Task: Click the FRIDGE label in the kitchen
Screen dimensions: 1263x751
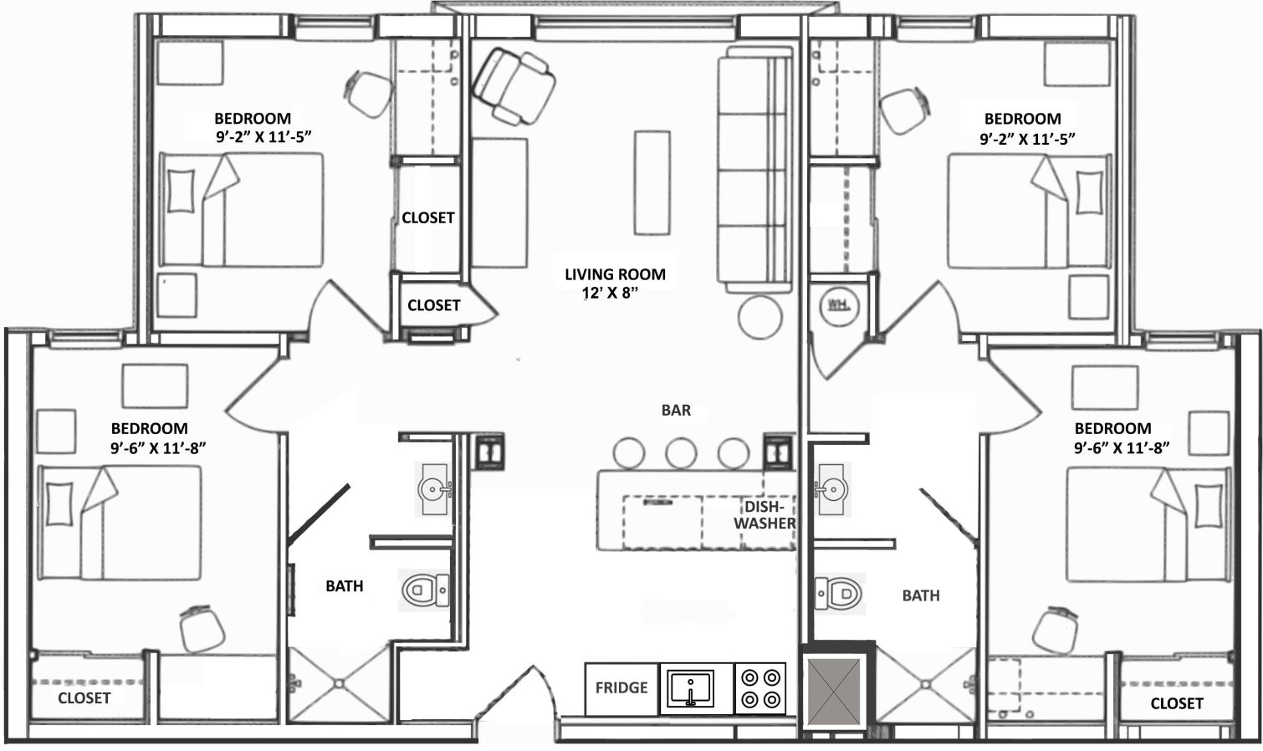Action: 621,687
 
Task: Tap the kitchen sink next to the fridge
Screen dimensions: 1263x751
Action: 690,688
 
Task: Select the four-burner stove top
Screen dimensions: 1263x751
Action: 760,688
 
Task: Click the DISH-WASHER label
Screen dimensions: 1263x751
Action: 764,515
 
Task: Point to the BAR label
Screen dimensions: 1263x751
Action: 676,410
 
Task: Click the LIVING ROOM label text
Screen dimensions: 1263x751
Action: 615,274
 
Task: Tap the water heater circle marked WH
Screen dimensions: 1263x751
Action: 839,306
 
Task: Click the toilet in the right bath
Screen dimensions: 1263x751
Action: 838,593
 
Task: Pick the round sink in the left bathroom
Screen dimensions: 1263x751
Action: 435,489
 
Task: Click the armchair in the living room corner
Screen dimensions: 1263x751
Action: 514,85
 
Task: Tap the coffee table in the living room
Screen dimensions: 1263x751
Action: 652,182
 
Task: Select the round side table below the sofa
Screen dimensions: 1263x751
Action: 760,317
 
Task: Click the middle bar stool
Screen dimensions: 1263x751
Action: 681,453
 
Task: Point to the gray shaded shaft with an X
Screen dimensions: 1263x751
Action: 834,692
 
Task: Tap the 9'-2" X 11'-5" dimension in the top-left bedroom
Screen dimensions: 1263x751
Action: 263,137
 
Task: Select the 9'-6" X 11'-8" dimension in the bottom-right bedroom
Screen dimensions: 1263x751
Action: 1122,447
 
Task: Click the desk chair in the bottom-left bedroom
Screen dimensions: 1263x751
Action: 202,629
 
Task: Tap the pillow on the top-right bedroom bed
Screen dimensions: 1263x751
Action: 1089,193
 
